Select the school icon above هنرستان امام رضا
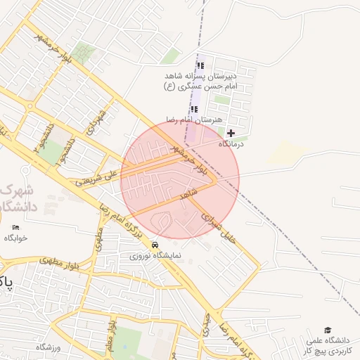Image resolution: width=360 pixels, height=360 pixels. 194,109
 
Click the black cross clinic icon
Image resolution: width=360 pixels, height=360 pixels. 231,132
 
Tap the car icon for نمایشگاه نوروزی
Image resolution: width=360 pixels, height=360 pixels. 155,244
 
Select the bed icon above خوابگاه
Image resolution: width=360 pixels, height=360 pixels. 16,227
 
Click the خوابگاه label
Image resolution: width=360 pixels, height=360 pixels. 15,238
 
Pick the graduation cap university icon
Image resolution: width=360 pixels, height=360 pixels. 327,330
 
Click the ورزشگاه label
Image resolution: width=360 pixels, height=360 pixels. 49,347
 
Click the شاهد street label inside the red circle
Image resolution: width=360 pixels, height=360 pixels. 188,194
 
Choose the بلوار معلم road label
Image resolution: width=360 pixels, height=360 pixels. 110,336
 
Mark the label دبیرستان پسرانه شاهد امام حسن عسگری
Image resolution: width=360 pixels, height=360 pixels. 201,80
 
